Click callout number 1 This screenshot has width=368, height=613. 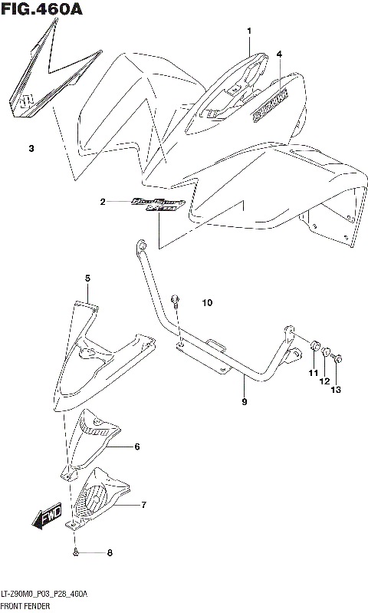[249, 31]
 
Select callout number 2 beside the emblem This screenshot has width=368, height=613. [102, 203]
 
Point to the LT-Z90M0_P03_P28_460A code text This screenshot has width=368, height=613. [44, 595]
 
